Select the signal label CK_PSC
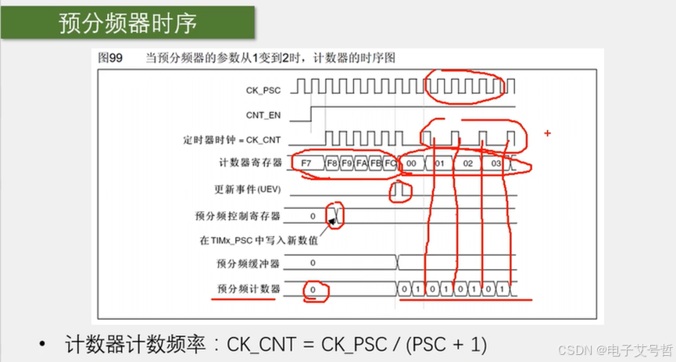(x=263, y=91)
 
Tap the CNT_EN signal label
(x=263, y=115)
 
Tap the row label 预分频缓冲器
(x=249, y=263)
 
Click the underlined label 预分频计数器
(x=249, y=289)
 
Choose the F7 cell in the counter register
(x=306, y=164)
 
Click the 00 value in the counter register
(x=411, y=164)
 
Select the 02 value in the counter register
(x=467, y=164)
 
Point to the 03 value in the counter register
(x=495, y=164)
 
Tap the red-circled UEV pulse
(x=400, y=189)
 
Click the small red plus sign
(x=547, y=134)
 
